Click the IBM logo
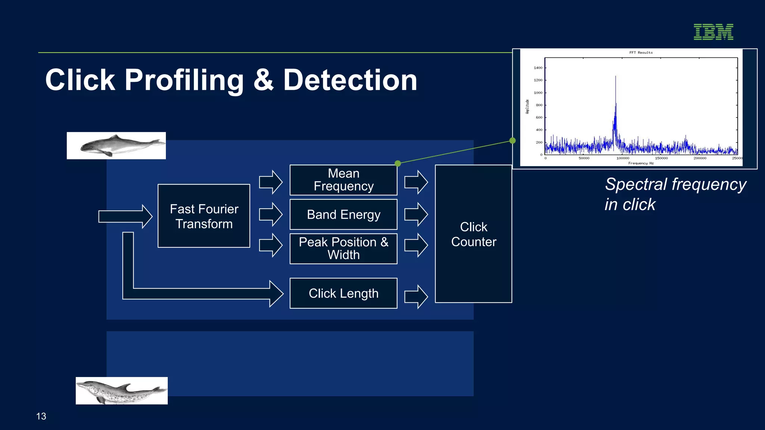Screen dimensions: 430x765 pos(713,32)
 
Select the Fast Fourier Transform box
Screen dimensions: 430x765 pos(204,216)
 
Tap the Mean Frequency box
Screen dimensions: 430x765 pos(343,180)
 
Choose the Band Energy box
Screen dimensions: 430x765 pos(343,215)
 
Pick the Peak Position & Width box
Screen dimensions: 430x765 pos(343,249)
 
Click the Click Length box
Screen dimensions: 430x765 pos(343,293)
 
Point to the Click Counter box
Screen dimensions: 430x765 pos(473,234)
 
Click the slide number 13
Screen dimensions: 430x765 pos(41,416)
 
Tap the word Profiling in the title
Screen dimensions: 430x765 pos(184,80)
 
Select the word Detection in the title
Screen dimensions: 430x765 pos(350,80)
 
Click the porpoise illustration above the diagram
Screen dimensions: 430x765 pos(116,146)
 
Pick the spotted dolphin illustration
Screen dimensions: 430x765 pos(122,391)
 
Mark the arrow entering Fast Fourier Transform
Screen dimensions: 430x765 pos(125,216)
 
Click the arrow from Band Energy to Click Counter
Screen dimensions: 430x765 pos(416,215)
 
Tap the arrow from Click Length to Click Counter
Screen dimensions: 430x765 pos(416,297)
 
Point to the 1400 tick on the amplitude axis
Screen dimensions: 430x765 pos(538,68)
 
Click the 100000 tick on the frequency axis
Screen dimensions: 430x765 pos(623,158)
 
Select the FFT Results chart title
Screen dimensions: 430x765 pos(641,53)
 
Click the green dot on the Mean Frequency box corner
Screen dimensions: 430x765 pos(398,163)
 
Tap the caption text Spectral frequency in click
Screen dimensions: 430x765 pos(675,194)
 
